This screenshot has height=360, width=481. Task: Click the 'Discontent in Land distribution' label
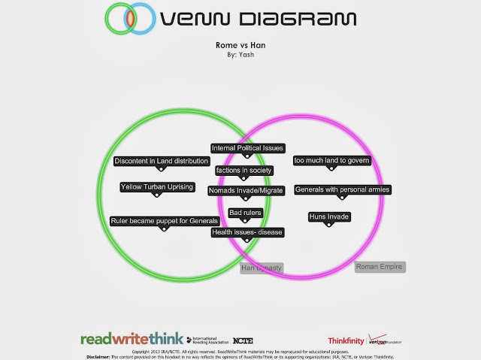point(162,161)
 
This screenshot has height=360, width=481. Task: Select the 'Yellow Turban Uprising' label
point(156,187)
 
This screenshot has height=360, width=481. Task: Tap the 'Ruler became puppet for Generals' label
point(164,221)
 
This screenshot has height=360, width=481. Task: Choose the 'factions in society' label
point(244,171)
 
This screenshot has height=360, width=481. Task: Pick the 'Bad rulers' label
point(244,214)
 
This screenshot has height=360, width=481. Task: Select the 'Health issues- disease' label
point(247,232)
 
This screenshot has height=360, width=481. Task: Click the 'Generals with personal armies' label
point(342,189)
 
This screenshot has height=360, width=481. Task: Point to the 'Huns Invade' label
point(329,217)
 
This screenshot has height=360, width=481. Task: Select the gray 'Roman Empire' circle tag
point(380,267)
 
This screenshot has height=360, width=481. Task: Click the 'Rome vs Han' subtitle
point(241,46)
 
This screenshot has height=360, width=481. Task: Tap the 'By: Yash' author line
point(241,55)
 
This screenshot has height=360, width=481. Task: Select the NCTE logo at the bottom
point(243,340)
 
